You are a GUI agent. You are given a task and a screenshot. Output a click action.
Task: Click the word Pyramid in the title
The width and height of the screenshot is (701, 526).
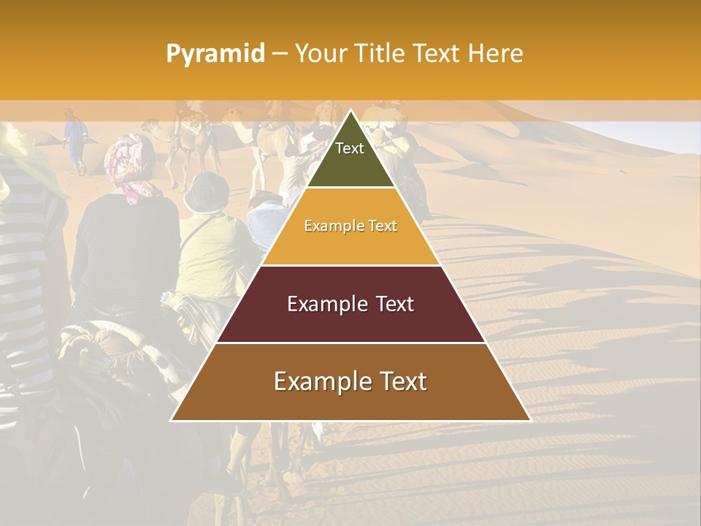pos(215,54)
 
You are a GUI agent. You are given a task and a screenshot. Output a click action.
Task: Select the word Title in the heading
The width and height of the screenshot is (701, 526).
pos(380,53)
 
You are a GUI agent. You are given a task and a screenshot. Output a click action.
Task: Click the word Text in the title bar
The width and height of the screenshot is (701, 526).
pos(436,53)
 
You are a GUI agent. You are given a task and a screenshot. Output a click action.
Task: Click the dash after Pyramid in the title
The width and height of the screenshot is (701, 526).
pos(280,54)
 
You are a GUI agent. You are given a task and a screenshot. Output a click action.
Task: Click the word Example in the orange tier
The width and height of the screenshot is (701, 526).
pos(332,226)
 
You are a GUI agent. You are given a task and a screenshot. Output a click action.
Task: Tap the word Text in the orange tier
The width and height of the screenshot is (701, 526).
pos(382,226)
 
